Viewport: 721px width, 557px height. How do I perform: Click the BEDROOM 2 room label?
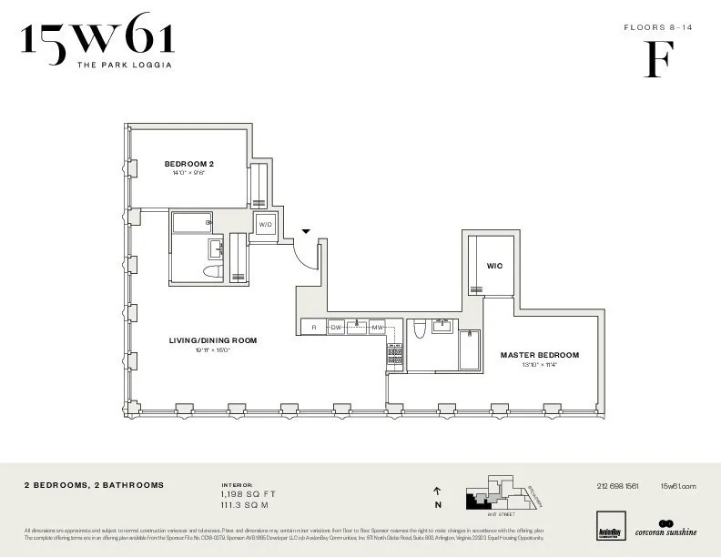click(189, 164)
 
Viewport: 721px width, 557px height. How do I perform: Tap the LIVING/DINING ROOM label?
click(213, 340)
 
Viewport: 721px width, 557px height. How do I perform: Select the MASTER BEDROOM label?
click(540, 355)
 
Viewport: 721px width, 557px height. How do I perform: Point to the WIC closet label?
click(494, 266)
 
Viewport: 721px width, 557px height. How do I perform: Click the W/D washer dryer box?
click(266, 224)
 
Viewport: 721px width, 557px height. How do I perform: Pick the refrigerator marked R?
click(313, 327)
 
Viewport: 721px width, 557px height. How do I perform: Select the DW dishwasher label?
click(336, 327)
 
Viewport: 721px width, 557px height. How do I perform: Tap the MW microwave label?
click(377, 327)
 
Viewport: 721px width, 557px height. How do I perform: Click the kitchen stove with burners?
click(395, 356)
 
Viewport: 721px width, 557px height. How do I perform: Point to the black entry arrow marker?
click(307, 232)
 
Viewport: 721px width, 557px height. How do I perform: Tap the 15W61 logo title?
click(97, 40)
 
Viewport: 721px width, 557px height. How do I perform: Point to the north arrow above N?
click(438, 491)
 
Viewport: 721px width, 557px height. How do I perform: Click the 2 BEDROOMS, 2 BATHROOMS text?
click(95, 486)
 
